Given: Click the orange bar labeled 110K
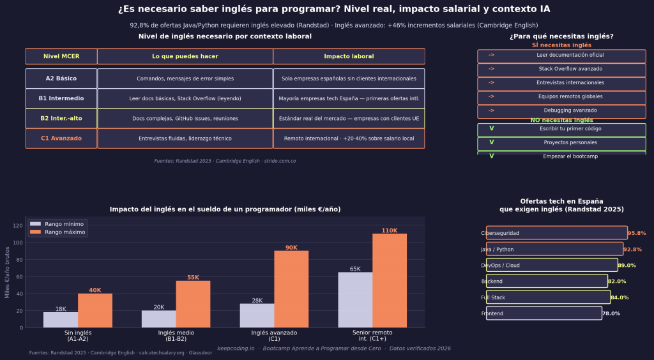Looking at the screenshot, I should click(390, 281).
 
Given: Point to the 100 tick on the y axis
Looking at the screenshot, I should click(20, 243).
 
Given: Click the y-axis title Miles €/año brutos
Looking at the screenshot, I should click(8, 272).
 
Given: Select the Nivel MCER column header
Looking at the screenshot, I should click(61, 56).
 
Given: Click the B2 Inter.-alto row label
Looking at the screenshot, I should click(61, 118).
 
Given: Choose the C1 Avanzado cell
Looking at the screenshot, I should click(61, 139).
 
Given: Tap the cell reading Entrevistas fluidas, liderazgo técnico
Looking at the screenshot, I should click(185, 139).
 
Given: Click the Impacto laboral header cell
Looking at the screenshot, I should click(349, 56).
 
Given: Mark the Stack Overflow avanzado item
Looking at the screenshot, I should click(561, 69).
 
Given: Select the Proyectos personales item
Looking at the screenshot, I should click(561, 143).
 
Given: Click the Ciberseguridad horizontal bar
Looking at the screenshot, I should click(556, 233).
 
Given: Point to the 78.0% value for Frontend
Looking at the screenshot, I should click(611, 313).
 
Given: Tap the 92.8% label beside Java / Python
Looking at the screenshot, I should click(632, 250).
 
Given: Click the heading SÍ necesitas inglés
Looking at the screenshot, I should click(561, 45).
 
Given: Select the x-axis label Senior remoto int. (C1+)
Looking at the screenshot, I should click(372, 336).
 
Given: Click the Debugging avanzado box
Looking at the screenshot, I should click(561, 111).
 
